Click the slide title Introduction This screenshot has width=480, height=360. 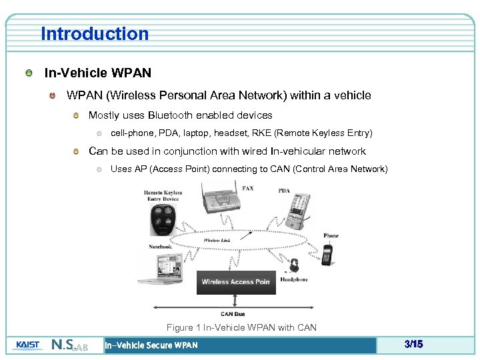[x=95, y=33]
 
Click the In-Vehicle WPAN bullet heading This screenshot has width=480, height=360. [x=97, y=73]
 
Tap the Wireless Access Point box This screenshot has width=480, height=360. [x=235, y=282]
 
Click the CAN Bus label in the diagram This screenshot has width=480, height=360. [x=233, y=314]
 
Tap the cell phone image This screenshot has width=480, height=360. [x=327, y=253]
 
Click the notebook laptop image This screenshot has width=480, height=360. [x=158, y=269]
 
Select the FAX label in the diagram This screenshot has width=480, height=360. [x=247, y=189]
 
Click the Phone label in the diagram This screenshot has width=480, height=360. [x=331, y=235]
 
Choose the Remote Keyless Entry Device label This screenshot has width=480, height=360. [x=163, y=195]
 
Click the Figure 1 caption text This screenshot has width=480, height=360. [x=241, y=327]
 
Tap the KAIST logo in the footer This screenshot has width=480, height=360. [x=27, y=345]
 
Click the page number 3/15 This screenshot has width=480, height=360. [x=413, y=345]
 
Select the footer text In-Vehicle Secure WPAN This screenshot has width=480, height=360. [x=151, y=345]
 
